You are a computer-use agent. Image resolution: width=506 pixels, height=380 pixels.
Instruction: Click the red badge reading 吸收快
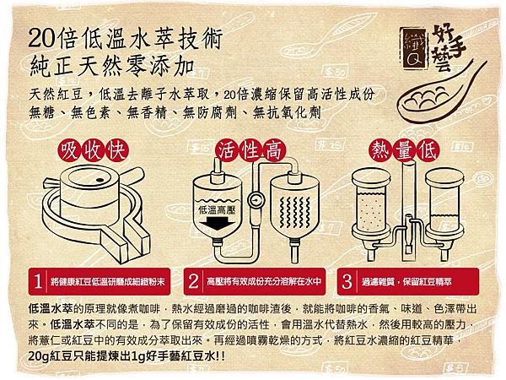click(94, 150)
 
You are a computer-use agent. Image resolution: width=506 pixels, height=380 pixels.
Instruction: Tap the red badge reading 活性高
click(250, 150)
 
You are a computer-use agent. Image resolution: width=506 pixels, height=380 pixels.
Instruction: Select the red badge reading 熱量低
click(405, 150)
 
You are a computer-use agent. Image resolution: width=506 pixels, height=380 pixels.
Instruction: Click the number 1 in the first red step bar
click(38, 281)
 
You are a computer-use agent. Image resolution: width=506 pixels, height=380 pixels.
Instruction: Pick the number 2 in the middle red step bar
click(193, 281)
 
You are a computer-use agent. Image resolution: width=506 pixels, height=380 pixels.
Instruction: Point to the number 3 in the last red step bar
click(347, 281)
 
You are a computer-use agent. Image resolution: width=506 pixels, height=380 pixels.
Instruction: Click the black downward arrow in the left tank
click(218, 223)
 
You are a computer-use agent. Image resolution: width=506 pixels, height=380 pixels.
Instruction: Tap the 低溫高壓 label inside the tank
click(217, 210)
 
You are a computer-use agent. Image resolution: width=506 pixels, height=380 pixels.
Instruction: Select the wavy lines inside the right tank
click(294, 212)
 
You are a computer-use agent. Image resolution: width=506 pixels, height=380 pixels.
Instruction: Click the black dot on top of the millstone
click(100, 180)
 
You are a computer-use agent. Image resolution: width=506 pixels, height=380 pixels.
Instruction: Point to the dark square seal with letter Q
click(415, 47)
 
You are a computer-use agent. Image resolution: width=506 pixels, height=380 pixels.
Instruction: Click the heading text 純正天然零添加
click(112, 67)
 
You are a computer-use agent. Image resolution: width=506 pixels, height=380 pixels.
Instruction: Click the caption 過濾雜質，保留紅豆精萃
click(406, 282)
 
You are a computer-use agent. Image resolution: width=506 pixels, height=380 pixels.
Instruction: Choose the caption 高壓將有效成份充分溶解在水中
click(264, 282)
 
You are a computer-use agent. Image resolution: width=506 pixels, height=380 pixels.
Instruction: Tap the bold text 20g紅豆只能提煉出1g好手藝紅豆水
click(126, 356)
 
